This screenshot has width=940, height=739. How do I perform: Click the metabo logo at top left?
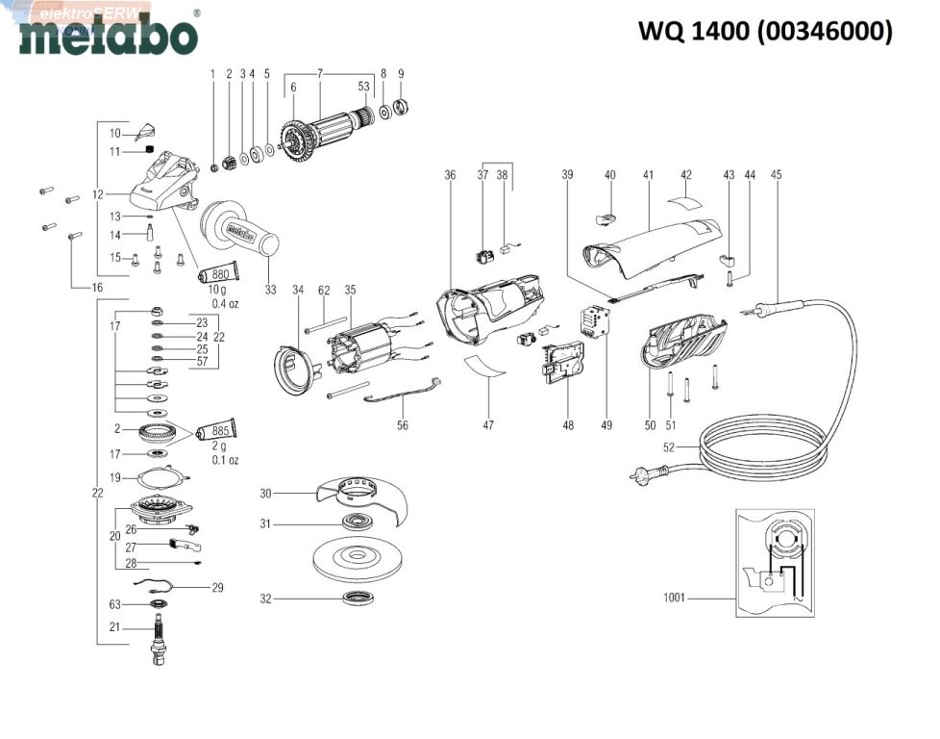pyautogui.click(x=108, y=36)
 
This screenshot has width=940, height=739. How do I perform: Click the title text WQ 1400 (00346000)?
pyautogui.click(x=765, y=32)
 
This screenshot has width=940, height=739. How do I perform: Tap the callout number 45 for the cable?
pyautogui.click(x=776, y=175)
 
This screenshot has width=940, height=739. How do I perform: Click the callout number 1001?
pyautogui.click(x=675, y=598)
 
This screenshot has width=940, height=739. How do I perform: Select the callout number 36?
pyautogui.click(x=450, y=175)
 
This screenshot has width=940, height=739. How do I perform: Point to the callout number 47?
pyautogui.click(x=488, y=424)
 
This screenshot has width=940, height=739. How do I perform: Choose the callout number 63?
pyautogui.click(x=115, y=604)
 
